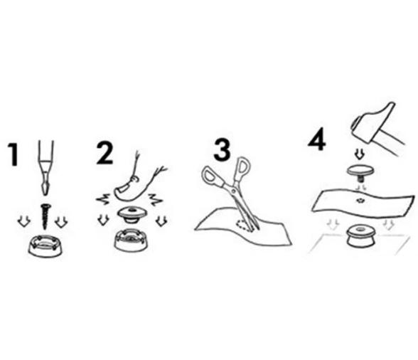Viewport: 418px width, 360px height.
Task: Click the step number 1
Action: point(14,154)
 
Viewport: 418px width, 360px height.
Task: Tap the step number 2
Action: point(104,153)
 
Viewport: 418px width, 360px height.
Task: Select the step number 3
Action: point(222,151)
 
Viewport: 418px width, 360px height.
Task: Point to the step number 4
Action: point(317,139)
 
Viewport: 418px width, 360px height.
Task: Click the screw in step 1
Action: point(45,216)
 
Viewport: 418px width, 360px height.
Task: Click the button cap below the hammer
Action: point(360,173)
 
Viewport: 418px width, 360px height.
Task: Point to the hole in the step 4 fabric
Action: point(360,200)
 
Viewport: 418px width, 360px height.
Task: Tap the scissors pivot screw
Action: point(234,190)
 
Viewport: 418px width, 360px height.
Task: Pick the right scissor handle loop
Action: point(242,168)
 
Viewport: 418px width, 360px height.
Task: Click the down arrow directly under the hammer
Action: point(360,154)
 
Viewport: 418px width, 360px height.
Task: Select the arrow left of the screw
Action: point(24,221)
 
